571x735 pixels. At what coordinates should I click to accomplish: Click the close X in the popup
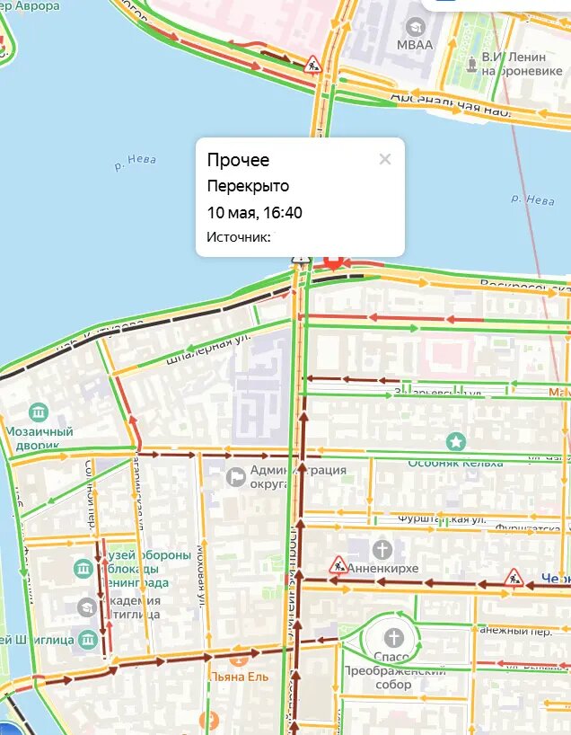tap(385, 160)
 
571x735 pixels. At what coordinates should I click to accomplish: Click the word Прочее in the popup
tap(238, 161)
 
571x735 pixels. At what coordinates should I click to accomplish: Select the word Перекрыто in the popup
tap(248, 187)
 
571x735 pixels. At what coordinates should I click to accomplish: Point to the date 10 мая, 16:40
tap(254, 213)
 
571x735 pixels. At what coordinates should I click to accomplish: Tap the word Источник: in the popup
tap(238, 237)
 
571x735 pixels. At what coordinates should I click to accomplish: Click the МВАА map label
tap(415, 45)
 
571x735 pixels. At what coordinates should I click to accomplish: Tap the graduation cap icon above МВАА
tap(414, 26)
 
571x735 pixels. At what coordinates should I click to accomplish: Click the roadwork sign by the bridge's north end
tap(312, 63)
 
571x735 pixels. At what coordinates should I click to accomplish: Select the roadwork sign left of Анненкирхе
tap(338, 565)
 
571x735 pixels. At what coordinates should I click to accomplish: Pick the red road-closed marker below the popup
tap(333, 261)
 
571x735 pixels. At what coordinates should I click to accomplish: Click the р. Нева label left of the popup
tap(136, 163)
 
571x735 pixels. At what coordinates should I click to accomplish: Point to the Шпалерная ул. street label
tap(207, 349)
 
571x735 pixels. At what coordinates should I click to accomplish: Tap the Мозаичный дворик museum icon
tap(38, 412)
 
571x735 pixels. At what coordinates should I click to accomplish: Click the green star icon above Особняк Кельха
tap(456, 441)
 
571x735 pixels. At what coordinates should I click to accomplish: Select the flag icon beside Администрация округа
tap(236, 477)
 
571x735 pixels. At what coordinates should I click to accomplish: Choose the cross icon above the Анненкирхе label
tap(382, 549)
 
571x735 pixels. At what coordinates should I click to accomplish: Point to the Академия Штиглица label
tap(130, 607)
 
